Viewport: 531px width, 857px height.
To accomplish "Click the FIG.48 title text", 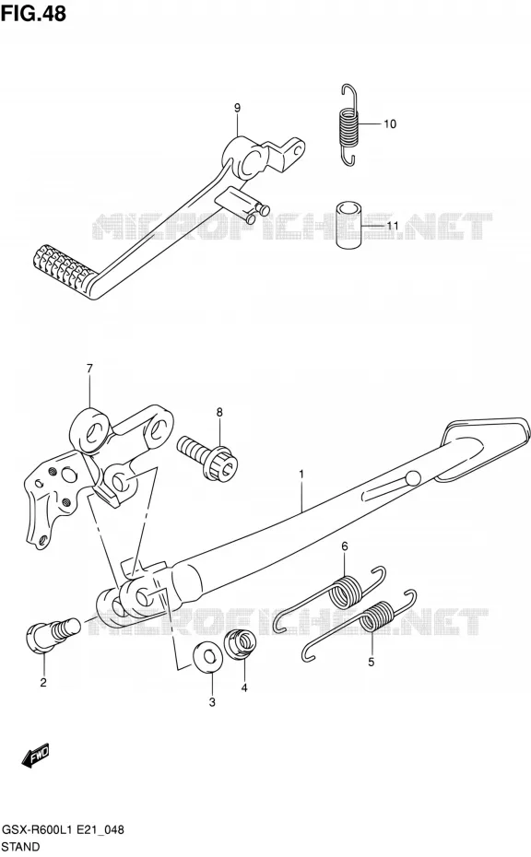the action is click(x=33, y=13).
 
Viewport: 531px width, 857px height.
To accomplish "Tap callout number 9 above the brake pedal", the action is click(x=237, y=108).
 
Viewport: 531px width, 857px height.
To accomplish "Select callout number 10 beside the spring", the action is click(x=389, y=124).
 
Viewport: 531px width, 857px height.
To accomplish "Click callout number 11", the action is click(x=392, y=225).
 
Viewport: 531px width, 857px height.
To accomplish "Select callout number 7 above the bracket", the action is click(x=89, y=369).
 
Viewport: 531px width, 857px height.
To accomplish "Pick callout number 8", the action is click(x=219, y=412).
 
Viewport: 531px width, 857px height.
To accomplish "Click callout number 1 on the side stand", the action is click(x=301, y=475).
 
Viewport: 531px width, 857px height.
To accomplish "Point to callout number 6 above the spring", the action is click(x=345, y=546).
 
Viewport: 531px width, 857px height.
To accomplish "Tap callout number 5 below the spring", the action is click(x=371, y=663).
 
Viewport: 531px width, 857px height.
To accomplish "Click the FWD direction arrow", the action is click(x=36, y=755).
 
